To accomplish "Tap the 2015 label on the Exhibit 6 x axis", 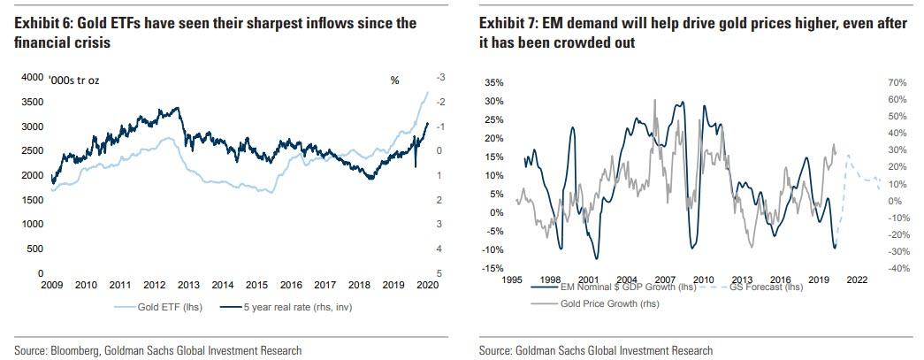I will click(x=256, y=286).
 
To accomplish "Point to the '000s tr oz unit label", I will click(x=79, y=80).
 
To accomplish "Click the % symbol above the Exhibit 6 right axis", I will click(x=394, y=80).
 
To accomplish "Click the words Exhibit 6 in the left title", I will click(x=43, y=23).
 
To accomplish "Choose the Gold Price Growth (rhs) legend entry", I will click(x=610, y=303).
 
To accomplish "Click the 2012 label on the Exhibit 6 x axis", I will click(x=155, y=286).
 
